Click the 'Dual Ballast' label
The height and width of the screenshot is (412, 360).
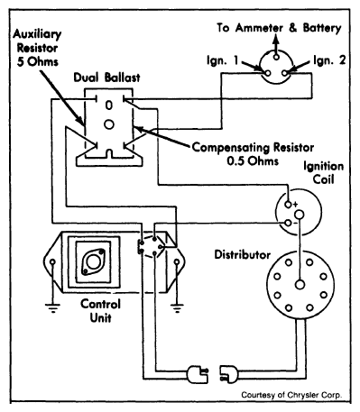tap(106, 78)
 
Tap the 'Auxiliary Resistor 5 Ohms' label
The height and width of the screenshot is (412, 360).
tap(37, 48)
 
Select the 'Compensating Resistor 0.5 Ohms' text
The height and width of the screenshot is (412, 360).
tap(253, 154)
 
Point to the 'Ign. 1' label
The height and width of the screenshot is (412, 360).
tap(222, 60)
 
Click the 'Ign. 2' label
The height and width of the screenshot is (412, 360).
tap(329, 60)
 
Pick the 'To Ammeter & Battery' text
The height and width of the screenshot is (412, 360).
tap(279, 28)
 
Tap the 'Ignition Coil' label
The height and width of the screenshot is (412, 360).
tap(323, 173)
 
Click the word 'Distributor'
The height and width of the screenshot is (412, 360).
tap(242, 254)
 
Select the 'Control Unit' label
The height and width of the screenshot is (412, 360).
tap(100, 311)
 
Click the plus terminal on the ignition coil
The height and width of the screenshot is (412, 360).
tap(288, 205)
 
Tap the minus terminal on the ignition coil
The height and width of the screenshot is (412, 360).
tap(288, 223)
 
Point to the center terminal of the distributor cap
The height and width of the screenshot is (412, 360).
tap(300, 285)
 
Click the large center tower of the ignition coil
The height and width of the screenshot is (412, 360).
tap(299, 215)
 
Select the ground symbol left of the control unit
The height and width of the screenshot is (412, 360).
tap(52, 308)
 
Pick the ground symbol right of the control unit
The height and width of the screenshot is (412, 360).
tap(177, 308)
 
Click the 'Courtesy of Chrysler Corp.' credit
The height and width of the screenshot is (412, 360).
tap(291, 395)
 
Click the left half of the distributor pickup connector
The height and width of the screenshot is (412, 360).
tap(198, 374)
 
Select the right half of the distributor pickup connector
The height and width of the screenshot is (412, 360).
tap(229, 374)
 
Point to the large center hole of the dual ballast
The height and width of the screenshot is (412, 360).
tap(109, 124)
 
